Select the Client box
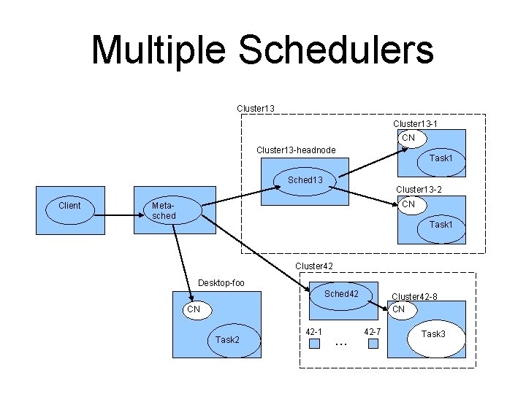69,206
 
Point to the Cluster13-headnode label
296,150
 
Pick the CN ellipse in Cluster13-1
409,138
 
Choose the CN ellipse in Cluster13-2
409,204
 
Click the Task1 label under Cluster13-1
441,158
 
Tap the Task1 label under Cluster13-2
441,225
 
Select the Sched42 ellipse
341,294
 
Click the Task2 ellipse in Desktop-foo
226,340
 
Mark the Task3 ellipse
433,334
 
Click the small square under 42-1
314,344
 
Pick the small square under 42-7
373,344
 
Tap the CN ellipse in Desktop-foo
192,309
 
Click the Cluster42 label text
314,266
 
